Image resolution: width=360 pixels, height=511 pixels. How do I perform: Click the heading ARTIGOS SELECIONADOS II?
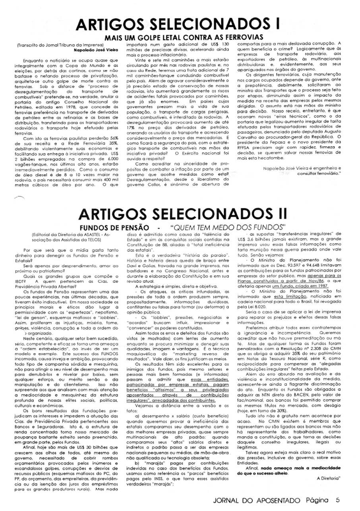182,214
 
